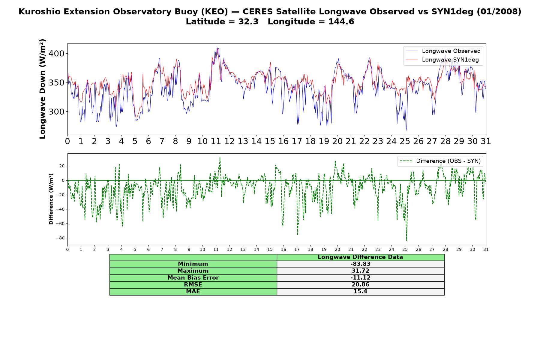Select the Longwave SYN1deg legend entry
point(442,60)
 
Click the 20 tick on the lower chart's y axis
point(62,166)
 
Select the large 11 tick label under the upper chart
point(216,141)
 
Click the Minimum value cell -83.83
point(360,264)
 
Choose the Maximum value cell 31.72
point(360,271)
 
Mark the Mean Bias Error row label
point(193,278)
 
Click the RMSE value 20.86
point(360,285)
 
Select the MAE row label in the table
point(193,292)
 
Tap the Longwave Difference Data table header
point(360,257)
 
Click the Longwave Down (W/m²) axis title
point(42,89)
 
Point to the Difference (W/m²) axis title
point(51,199)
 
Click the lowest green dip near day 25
point(406,240)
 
